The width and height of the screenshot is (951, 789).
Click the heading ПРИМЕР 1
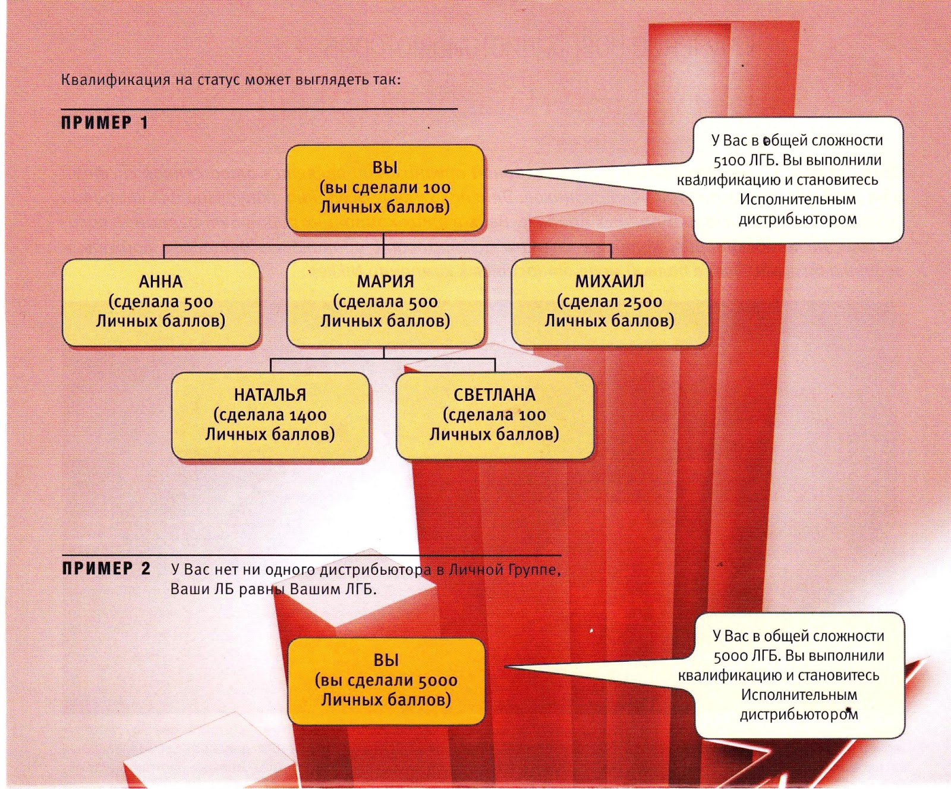[104, 123]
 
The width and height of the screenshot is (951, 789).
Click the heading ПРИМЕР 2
[106, 568]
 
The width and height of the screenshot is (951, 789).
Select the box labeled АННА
[161, 302]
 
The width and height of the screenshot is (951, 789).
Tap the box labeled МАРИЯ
[385, 302]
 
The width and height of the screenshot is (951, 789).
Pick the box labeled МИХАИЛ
[610, 302]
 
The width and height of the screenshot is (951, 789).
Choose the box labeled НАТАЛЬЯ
[270, 415]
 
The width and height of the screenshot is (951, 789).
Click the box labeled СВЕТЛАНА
[495, 415]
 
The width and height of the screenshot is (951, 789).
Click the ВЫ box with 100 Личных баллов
[385, 188]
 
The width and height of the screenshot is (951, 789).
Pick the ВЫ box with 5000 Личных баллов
[386, 681]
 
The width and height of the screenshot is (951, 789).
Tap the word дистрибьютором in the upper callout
[798, 219]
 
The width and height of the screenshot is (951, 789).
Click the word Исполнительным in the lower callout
[799, 695]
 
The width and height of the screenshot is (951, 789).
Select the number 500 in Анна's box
[198, 302]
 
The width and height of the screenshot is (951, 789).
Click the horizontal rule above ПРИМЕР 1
[259, 109]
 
